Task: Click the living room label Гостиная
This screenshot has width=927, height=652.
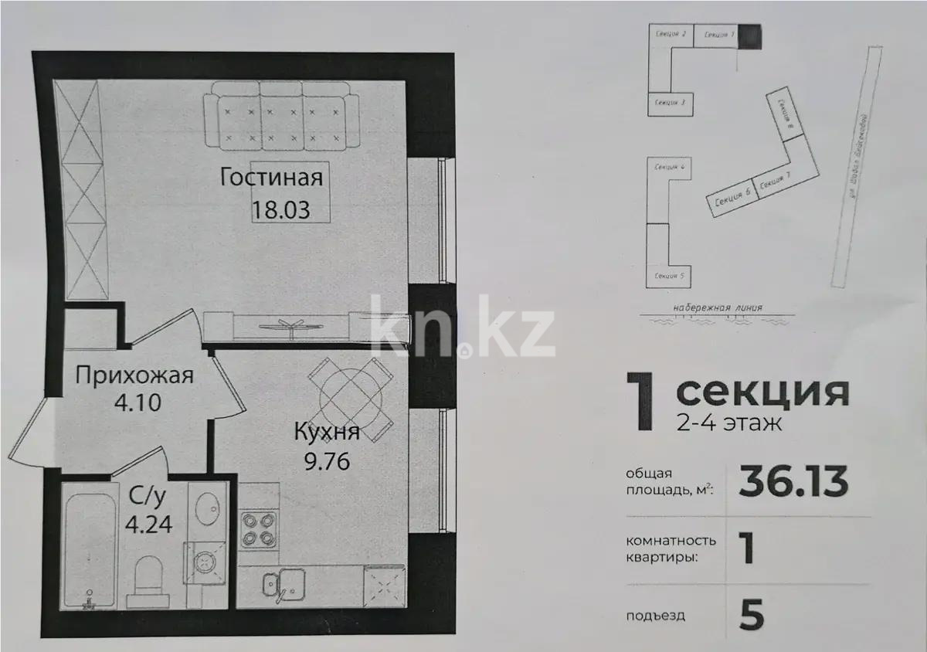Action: tap(270, 178)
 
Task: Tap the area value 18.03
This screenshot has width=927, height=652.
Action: tap(280, 209)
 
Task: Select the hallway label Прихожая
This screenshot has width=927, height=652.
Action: tap(134, 376)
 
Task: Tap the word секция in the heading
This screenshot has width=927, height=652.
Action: tap(762, 392)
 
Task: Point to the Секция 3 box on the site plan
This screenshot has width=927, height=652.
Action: tap(670, 102)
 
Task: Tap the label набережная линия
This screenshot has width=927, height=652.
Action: tap(718, 307)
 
